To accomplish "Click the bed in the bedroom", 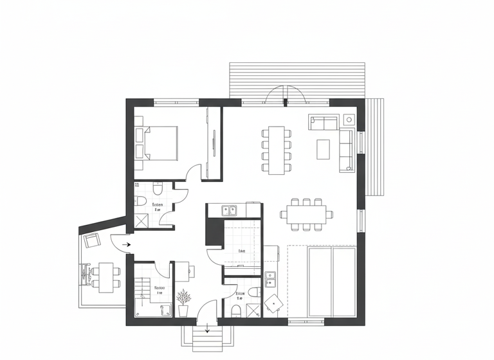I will (x=161, y=143).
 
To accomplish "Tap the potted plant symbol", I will (x=183, y=301).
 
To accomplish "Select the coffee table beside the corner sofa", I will (x=324, y=148).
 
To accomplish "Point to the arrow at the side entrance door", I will (x=126, y=244).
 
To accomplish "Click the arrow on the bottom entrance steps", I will (x=207, y=330).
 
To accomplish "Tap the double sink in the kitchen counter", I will (x=230, y=210).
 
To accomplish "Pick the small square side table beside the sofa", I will (x=349, y=119).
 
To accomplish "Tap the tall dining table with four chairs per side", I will (x=277, y=149).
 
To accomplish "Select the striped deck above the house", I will (x=297, y=80).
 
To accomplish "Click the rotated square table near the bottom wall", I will (x=274, y=301).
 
